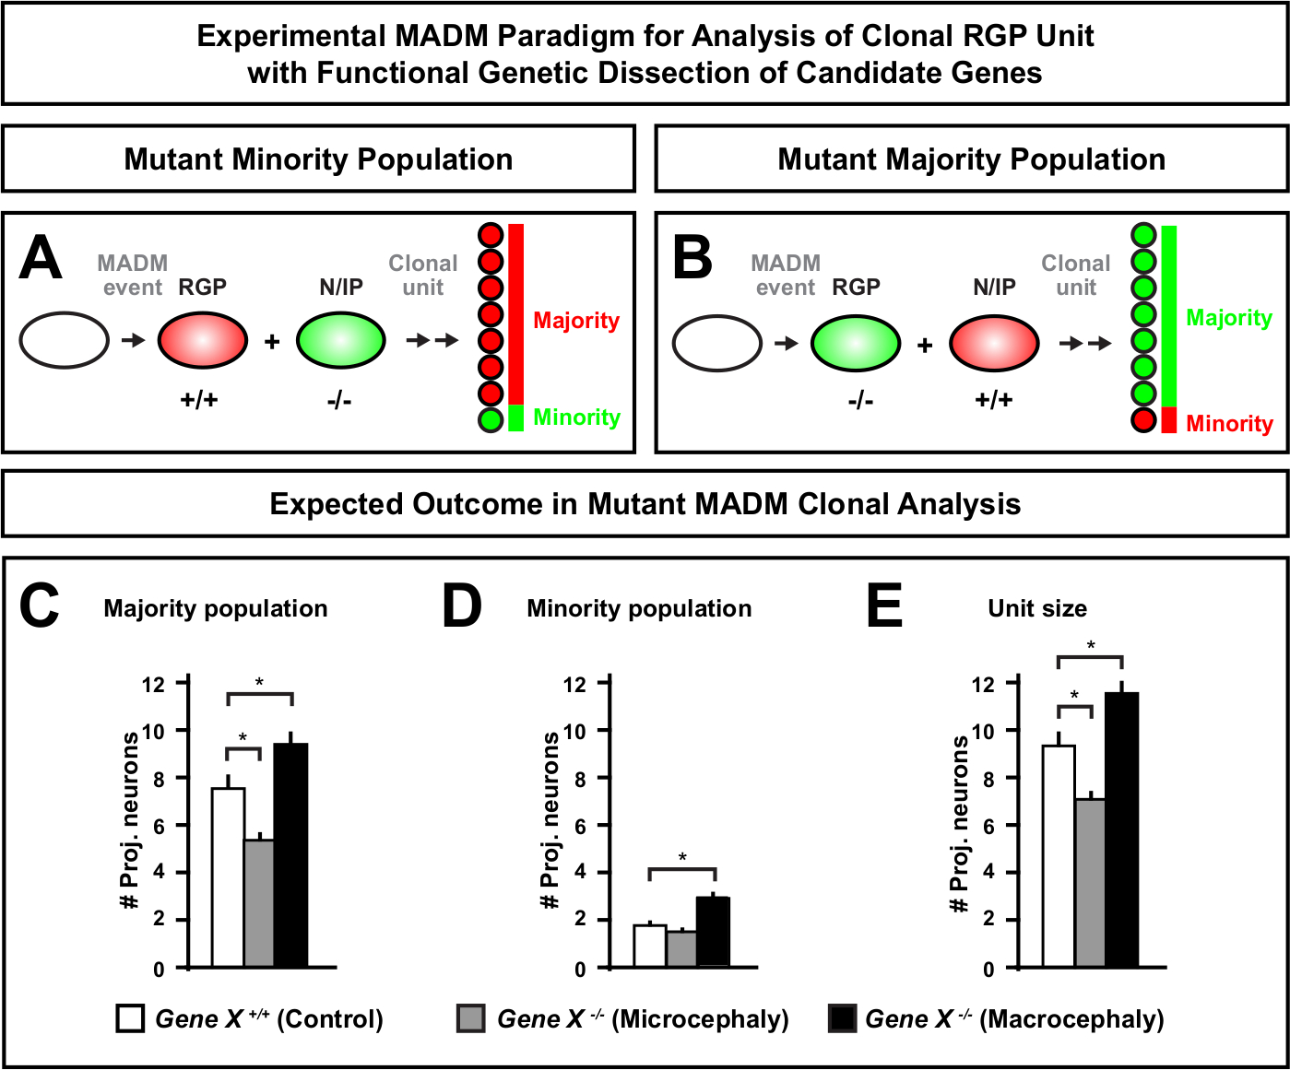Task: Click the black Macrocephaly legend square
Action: tap(842, 1018)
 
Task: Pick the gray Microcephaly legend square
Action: tap(470, 1018)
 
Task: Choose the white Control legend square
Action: tap(130, 1018)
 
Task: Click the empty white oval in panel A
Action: tap(65, 340)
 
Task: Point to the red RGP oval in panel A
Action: tap(203, 340)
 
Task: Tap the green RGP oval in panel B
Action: tap(856, 343)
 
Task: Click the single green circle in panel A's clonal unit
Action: tap(491, 420)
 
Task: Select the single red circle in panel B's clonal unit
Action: tap(1143, 420)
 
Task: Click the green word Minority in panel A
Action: tap(576, 417)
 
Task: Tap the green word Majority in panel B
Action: tap(1228, 318)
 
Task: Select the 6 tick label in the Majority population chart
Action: tap(159, 826)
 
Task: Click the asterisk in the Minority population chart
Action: tap(682, 858)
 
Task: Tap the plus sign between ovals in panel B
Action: tap(925, 346)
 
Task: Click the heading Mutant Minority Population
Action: tap(318, 159)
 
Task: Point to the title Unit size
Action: tap(1037, 608)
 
